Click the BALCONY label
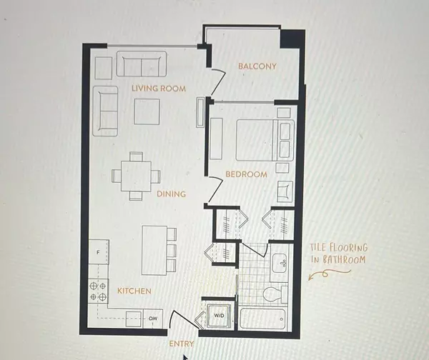(x=257, y=67)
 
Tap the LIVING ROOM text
(x=159, y=89)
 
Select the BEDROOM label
(x=246, y=174)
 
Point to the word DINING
(x=170, y=194)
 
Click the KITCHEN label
(x=134, y=291)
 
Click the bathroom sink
(x=280, y=263)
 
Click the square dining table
(x=135, y=174)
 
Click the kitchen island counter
(x=154, y=250)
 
